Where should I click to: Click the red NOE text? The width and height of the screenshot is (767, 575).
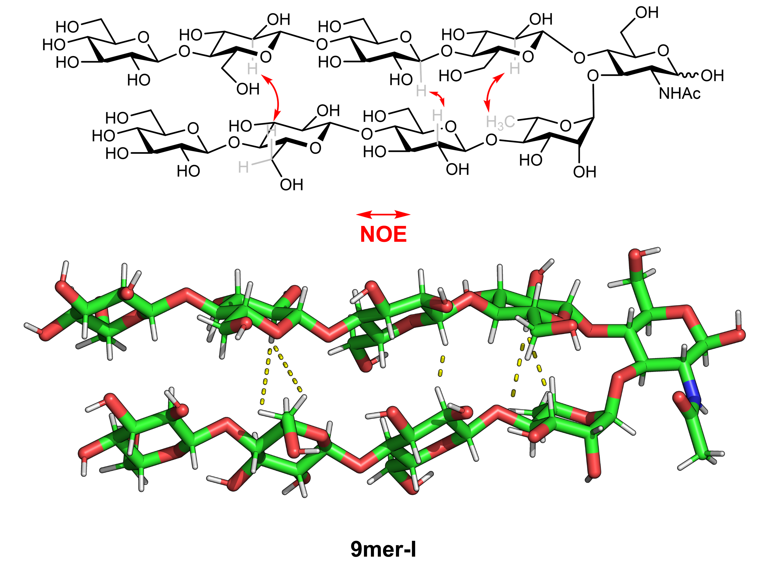point(383,234)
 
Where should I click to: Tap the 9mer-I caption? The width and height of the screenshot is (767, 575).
point(383,549)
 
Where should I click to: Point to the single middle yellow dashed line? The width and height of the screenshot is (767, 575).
point(441,366)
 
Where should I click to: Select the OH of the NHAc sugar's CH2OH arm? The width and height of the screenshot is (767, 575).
point(647,13)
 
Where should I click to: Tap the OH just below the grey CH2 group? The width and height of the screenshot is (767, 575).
point(291,185)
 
